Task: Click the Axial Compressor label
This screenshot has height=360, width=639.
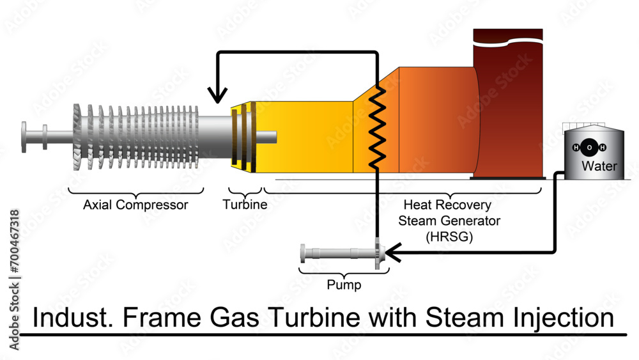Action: point(135,205)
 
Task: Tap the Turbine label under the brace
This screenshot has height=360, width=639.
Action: point(245,205)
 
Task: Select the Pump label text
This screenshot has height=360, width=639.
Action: point(344,285)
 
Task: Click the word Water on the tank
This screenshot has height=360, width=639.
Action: point(599,167)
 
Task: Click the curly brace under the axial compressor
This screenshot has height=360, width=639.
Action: point(135,191)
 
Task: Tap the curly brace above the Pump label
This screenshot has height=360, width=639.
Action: point(344,272)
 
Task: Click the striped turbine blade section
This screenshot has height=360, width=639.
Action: point(243,137)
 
